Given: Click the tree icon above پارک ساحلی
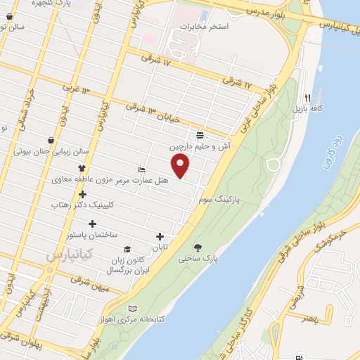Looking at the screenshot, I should coord(199,247).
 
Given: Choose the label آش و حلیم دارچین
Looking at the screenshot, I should coord(197,147).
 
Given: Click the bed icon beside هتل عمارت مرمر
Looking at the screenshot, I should coord(142,169).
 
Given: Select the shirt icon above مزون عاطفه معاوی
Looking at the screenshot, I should coord(82,168).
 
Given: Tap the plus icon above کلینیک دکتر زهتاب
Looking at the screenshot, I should coord(82,194).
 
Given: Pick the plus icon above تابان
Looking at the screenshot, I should coord(160,236).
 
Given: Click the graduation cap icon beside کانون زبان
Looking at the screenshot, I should coord(127,249).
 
